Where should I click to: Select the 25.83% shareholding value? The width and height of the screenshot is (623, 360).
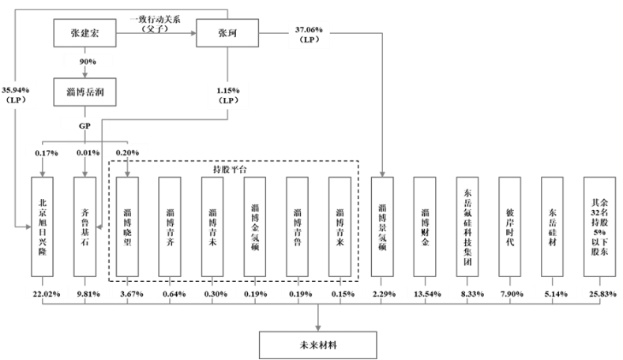tap(598, 295)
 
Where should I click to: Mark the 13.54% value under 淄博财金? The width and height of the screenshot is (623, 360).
tap(425, 295)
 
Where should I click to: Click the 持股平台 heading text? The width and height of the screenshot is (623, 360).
tap(234, 169)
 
